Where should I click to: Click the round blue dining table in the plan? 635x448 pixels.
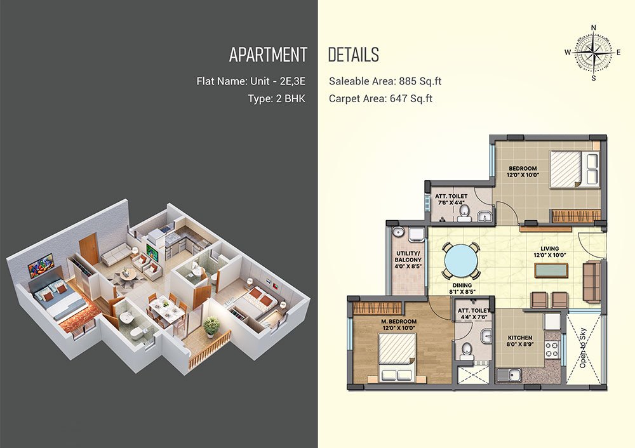[461, 261]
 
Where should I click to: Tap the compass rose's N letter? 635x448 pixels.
[594, 27]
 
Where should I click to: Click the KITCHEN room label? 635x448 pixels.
[520, 338]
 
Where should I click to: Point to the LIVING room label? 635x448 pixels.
[549, 249]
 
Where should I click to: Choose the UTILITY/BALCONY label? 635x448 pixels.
[408, 256]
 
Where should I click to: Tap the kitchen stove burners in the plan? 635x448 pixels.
[552, 349]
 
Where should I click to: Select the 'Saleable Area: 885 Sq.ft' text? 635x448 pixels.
[385, 81]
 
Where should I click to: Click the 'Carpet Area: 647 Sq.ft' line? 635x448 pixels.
[380, 99]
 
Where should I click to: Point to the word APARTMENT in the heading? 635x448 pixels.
[268, 55]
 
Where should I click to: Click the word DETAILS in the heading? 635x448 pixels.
[353, 55]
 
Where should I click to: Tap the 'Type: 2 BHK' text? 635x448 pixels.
[277, 99]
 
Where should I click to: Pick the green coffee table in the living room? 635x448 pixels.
[551, 270]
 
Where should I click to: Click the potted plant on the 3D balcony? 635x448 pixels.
[211, 326]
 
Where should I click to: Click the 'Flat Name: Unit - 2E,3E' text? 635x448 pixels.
[251, 81]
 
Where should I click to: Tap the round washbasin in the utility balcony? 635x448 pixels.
[398, 232]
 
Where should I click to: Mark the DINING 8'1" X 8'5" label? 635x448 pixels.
[462, 287]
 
